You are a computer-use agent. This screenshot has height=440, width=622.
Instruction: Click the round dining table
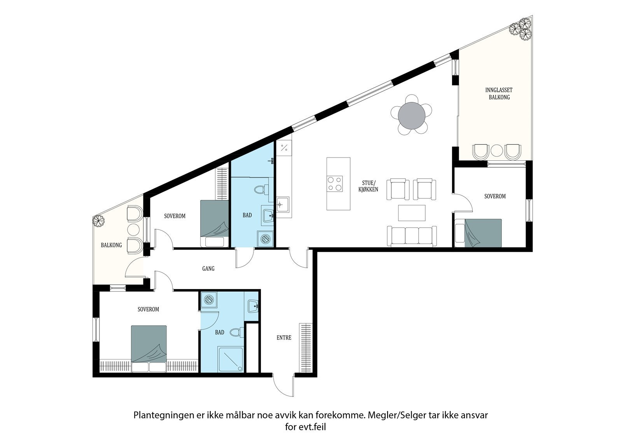412,116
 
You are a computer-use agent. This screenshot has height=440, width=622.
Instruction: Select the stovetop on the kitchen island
335,183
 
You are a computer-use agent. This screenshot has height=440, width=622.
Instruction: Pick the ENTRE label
284,338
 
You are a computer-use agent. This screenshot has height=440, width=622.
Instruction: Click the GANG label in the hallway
208,268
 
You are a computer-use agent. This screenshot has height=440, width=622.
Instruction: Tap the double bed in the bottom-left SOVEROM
149,347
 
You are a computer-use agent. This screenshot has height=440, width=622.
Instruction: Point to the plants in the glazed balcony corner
521,29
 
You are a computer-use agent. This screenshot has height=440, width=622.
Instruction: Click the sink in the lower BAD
253,305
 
